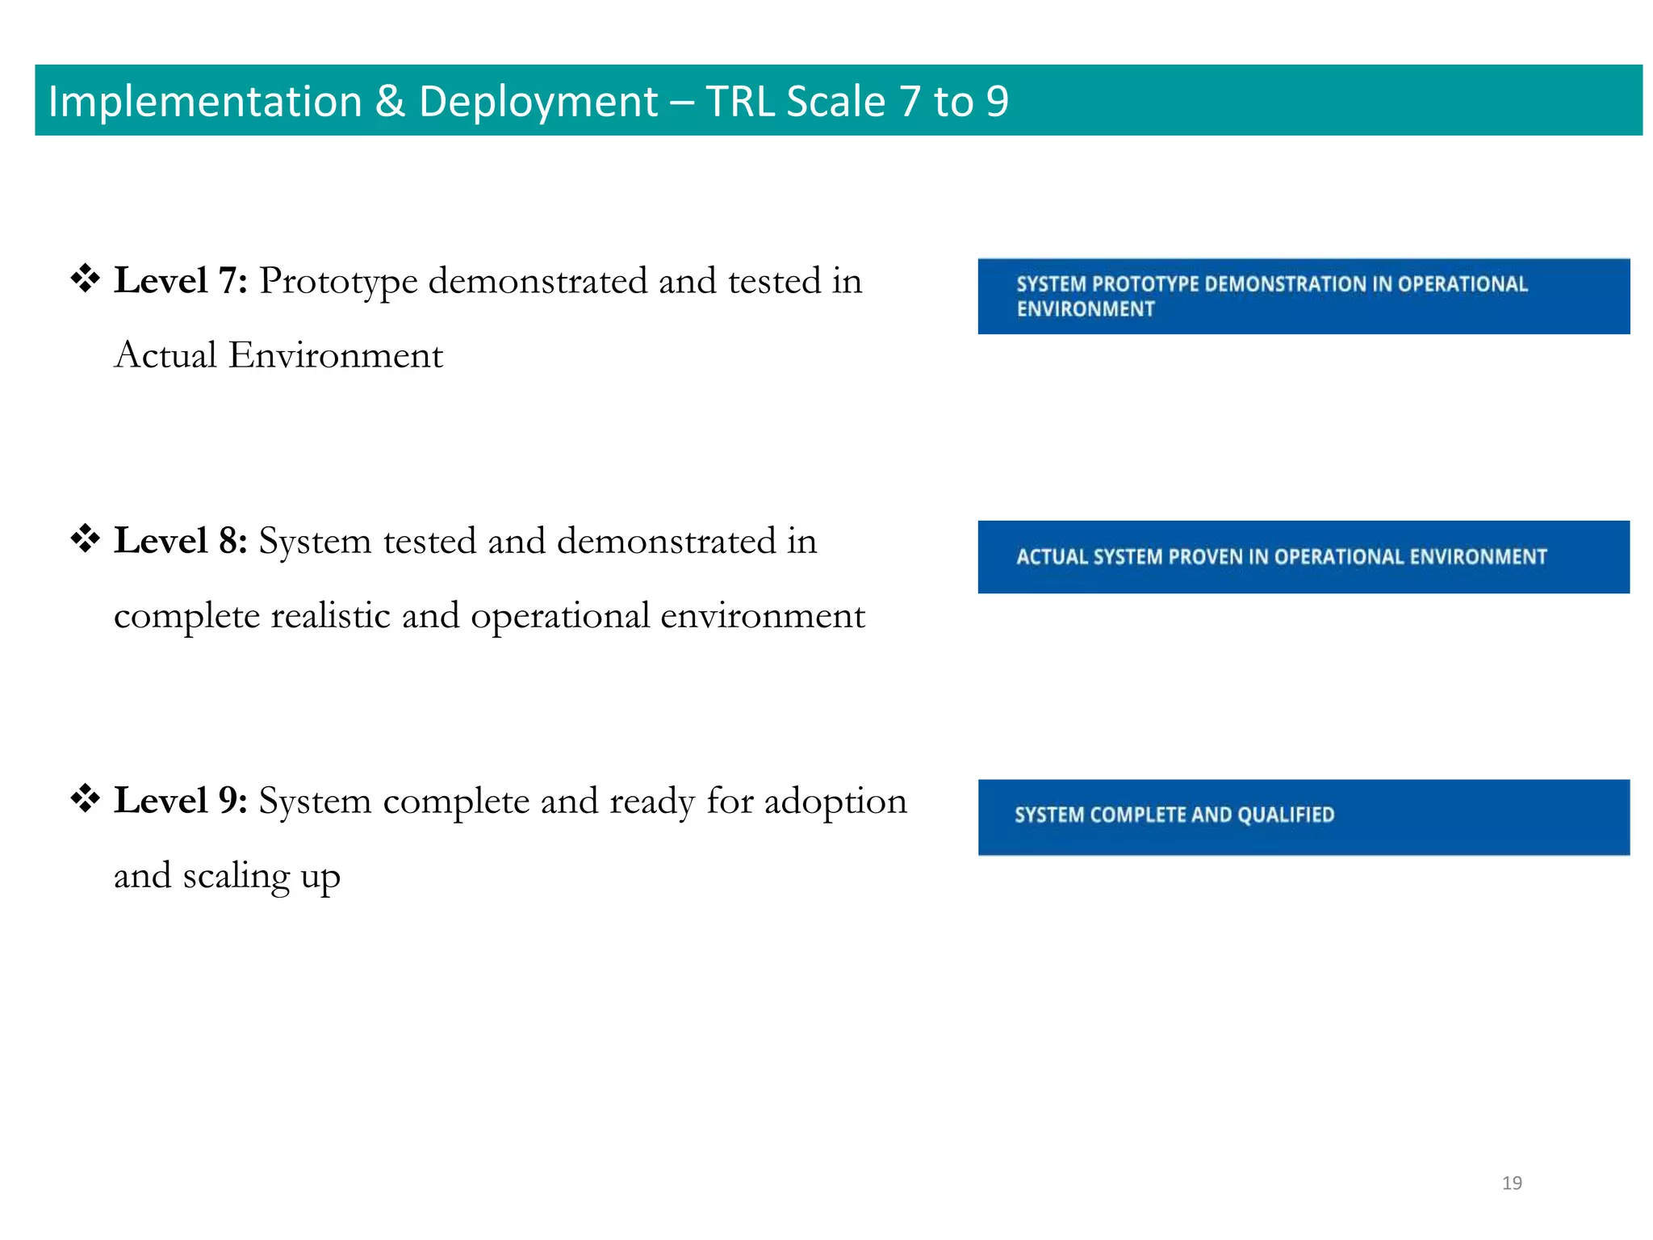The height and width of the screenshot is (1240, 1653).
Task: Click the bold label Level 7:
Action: [x=180, y=281]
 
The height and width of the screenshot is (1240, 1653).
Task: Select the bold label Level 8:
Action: [x=180, y=541]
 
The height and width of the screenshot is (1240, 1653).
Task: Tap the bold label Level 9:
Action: [x=180, y=801]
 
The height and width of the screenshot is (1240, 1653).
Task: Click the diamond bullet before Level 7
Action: [x=85, y=279]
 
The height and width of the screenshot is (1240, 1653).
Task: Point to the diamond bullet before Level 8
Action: [x=85, y=538]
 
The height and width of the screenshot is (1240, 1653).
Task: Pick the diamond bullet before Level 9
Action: [x=85, y=799]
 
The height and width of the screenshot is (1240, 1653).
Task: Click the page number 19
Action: [x=1512, y=1183]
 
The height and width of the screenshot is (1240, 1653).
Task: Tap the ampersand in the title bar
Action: [x=390, y=102]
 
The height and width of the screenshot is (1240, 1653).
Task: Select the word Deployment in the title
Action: [x=538, y=102]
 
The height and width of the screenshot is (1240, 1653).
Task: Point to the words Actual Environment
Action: [x=278, y=355]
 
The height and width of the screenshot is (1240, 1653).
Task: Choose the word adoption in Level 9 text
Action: [x=835, y=801]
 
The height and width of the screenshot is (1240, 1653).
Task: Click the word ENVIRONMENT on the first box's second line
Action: [x=1086, y=309]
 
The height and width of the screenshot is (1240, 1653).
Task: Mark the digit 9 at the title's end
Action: [x=997, y=102]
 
